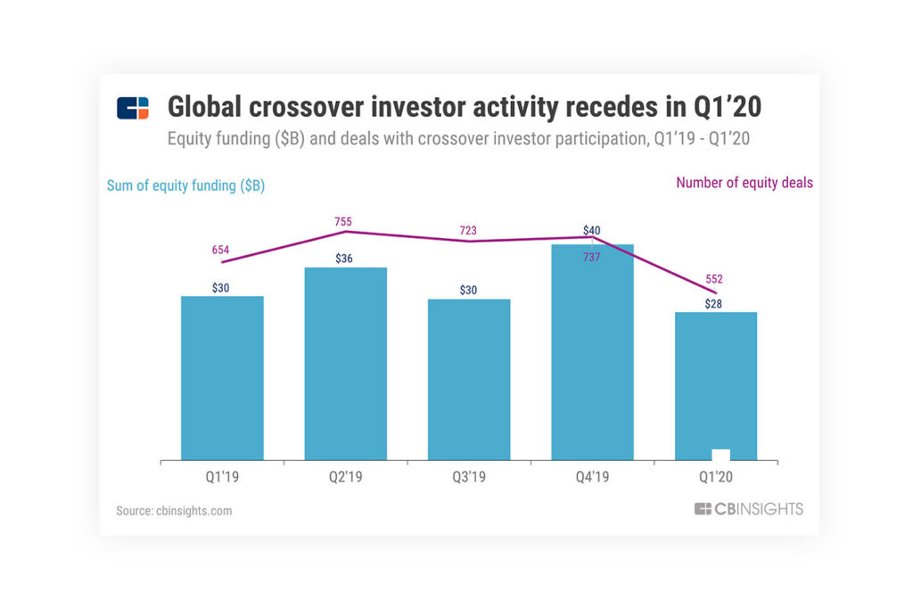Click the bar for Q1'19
[x=222, y=378]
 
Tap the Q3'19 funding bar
[x=469, y=380]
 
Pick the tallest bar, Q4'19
[x=592, y=352]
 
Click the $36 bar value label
[x=345, y=259]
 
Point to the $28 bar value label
[x=713, y=304]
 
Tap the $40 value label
[x=591, y=231]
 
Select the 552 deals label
[x=714, y=279]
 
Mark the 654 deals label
[x=221, y=251]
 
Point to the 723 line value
[x=469, y=231]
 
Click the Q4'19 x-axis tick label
[x=592, y=477]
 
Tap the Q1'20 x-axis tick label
[x=715, y=477]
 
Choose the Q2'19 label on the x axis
[x=345, y=477]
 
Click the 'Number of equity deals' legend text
[x=744, y=183]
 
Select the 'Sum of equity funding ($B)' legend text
[x=185, y=185]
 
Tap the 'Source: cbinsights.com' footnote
[x=174, y=511]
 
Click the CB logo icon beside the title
[x=133, y=108]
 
